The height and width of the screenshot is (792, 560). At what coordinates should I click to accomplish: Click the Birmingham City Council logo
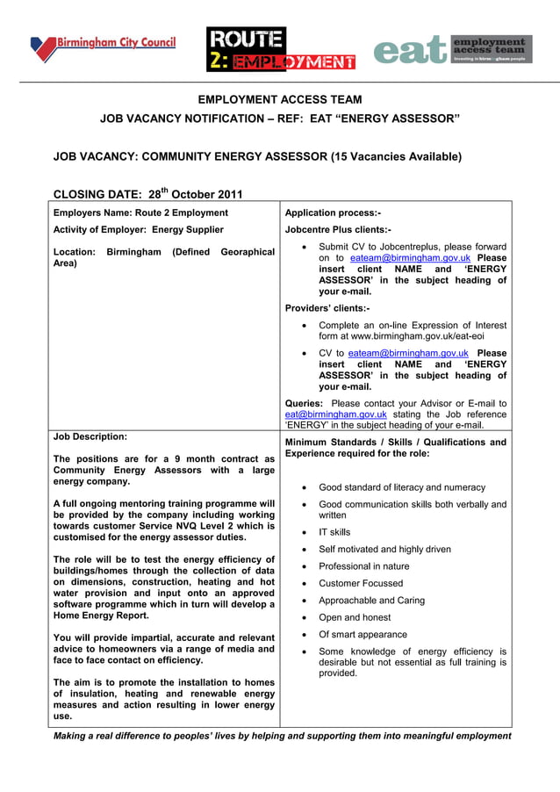[x=103, y=46]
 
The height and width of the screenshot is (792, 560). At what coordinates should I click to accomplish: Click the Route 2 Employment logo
[x=280, y=49]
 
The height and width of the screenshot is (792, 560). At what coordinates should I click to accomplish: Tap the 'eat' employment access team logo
[x=452, y=50]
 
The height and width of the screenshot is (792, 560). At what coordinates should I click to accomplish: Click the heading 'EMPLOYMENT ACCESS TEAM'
[x=279, y=100]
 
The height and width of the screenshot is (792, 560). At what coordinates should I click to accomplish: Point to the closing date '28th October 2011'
[x=195, y=194]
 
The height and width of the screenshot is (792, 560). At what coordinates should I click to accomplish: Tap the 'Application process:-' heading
[x=333, y=212]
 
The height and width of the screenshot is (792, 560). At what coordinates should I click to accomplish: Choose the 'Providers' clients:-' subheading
[x=327, y=308]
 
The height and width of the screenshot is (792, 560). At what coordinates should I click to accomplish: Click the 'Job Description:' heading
[x=90, y=436]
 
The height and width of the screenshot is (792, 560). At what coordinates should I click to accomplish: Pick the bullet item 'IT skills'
[x=334, y=532]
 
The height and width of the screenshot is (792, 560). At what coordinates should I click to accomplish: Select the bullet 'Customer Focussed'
[x=361, y=583]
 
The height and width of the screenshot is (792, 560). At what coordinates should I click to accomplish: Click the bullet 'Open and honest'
[x=355, y=617]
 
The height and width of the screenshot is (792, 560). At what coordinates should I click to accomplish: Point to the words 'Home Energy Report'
[x=104, y=616]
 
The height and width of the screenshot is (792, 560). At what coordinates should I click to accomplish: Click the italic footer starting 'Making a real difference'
[x=282, y=736]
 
